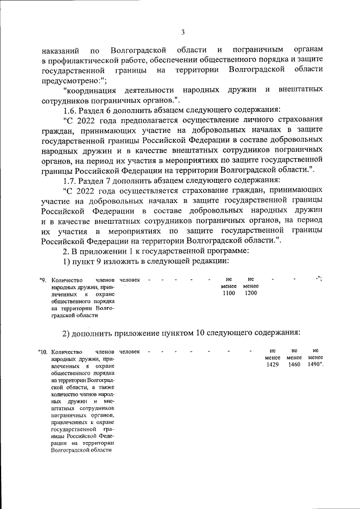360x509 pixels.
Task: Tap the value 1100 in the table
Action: tap(228, 293)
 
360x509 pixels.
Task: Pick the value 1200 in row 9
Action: tap(250, 293)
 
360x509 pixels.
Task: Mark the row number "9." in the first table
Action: tap(43, 280)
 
